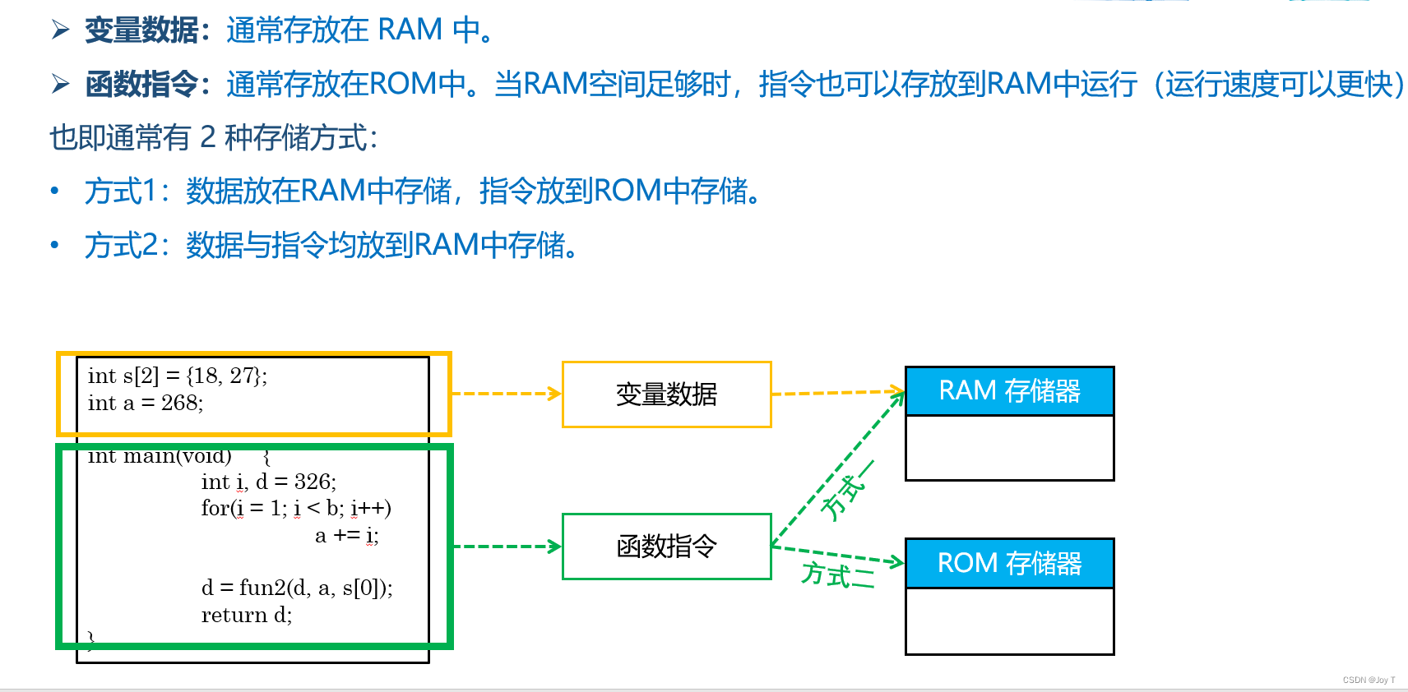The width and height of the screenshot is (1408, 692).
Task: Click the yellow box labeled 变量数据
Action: pos(666,394)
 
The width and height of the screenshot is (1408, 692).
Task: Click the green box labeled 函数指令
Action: pos(666,547)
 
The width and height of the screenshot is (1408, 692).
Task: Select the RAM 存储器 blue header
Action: pos(1009,391)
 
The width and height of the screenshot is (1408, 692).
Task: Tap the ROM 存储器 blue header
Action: pos(1009,564)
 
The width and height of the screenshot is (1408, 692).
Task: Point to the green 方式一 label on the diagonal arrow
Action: pos(845,491)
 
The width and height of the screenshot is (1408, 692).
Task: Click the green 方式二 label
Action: pos(837,574)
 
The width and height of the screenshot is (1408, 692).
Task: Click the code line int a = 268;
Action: pos(146,404)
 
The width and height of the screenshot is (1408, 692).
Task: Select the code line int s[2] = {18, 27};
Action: pos(178,376)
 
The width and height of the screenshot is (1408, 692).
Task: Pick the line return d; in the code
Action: pos(247,616)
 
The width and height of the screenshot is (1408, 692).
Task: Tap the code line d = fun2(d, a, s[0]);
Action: pos(297,588)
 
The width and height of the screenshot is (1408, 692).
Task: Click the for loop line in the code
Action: pos(296,509)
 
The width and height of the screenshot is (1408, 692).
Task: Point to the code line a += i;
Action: pos(346,536)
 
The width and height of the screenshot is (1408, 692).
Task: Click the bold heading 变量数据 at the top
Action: pos(141,30)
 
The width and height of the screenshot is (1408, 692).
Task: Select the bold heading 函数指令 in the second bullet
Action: pos(141,85)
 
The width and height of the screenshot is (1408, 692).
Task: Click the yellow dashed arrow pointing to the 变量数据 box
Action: pos(506,394)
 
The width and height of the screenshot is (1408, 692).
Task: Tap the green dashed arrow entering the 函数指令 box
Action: pos(506,547)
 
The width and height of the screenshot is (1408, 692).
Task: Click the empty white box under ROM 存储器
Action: pos(1009,621)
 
